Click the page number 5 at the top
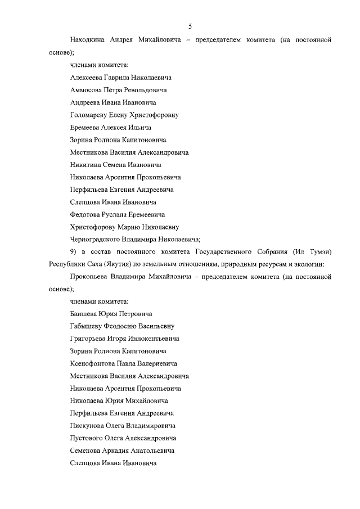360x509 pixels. (190, 26)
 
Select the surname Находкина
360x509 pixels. (89, 40)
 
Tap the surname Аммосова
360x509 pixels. (88, 90)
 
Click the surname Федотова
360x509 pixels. (86, 214)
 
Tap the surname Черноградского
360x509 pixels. (96, 239)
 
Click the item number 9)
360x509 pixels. (74, 251)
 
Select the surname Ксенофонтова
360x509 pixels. (93, 363)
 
